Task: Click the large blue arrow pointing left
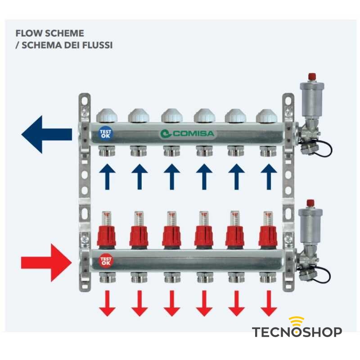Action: point(45,134)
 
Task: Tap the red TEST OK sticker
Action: point(106,261)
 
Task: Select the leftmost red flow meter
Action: point(107,232)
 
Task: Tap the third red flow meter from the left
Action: point(171,232)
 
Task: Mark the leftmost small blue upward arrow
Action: point(107,176)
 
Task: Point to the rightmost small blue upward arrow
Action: point(269,176)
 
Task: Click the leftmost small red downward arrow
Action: point(107,303)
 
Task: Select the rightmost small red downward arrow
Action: point(269,303)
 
